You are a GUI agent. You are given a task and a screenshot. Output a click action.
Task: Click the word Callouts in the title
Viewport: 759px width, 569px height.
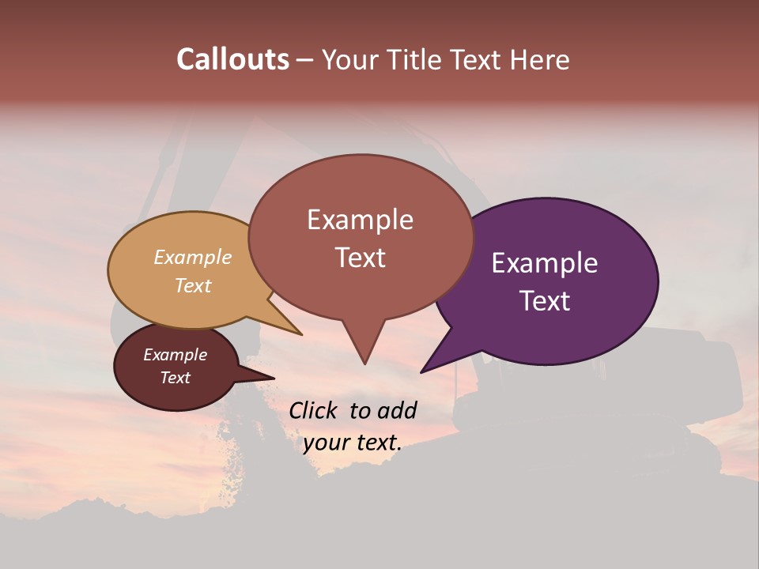pyautogui.click(x=232, y=59)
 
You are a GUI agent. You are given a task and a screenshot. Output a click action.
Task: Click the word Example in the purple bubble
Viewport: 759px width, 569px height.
pyautogui.click(x=545, y=263)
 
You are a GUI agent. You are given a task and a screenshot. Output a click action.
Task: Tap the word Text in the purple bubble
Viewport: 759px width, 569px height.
pyautogui.click(x=545, y=301)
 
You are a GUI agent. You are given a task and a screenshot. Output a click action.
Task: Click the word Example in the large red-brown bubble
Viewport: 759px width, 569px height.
pyautogui.click(x=360, y=220)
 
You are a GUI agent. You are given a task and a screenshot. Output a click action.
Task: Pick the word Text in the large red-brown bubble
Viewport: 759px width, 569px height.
pyautogui.click(x=360, y=258)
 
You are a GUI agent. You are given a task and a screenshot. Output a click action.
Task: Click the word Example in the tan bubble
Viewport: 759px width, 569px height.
pyautogui.click(x=193, y=258)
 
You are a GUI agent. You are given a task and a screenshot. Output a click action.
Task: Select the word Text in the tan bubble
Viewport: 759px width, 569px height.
pyautogui.click(x=193, y=285)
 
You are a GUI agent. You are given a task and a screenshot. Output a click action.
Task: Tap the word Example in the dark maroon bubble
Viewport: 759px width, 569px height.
pyautogui.click(x=175, y=355)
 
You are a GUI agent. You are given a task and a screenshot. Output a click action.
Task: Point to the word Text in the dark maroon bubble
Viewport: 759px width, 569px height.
pyautogui.click(x=175, y=378)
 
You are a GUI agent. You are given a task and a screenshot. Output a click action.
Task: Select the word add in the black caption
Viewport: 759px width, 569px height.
pyautogui.click(x=397, y=410)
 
